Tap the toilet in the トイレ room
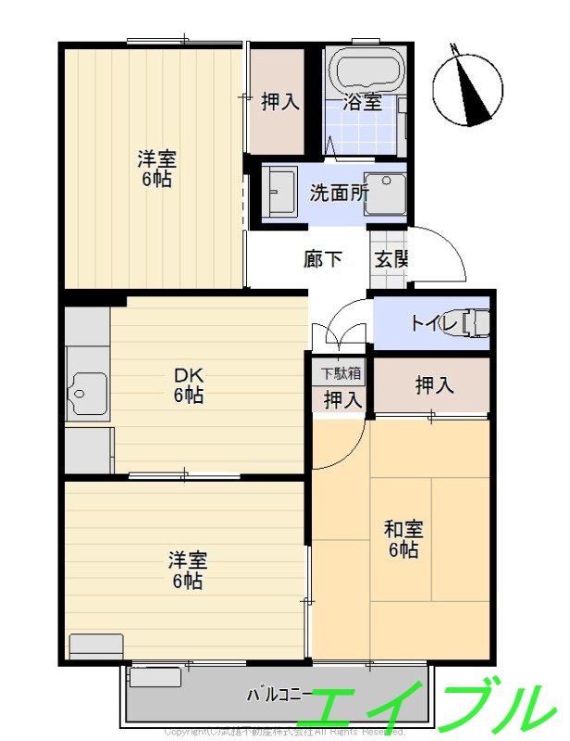[474, 322]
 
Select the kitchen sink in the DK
[87, 396]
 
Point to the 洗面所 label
[339, 194]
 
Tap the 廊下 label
[322, 258]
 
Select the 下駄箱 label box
[341, 374]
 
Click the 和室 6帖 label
[403, 539]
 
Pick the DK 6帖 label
[189, 386]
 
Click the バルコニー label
[274, 694]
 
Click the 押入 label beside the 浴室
[279, 102]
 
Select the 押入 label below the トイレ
[434, 385]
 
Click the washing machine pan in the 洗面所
[385, 194]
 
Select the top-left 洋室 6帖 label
[157, 169]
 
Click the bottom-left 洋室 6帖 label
[186, 571]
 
